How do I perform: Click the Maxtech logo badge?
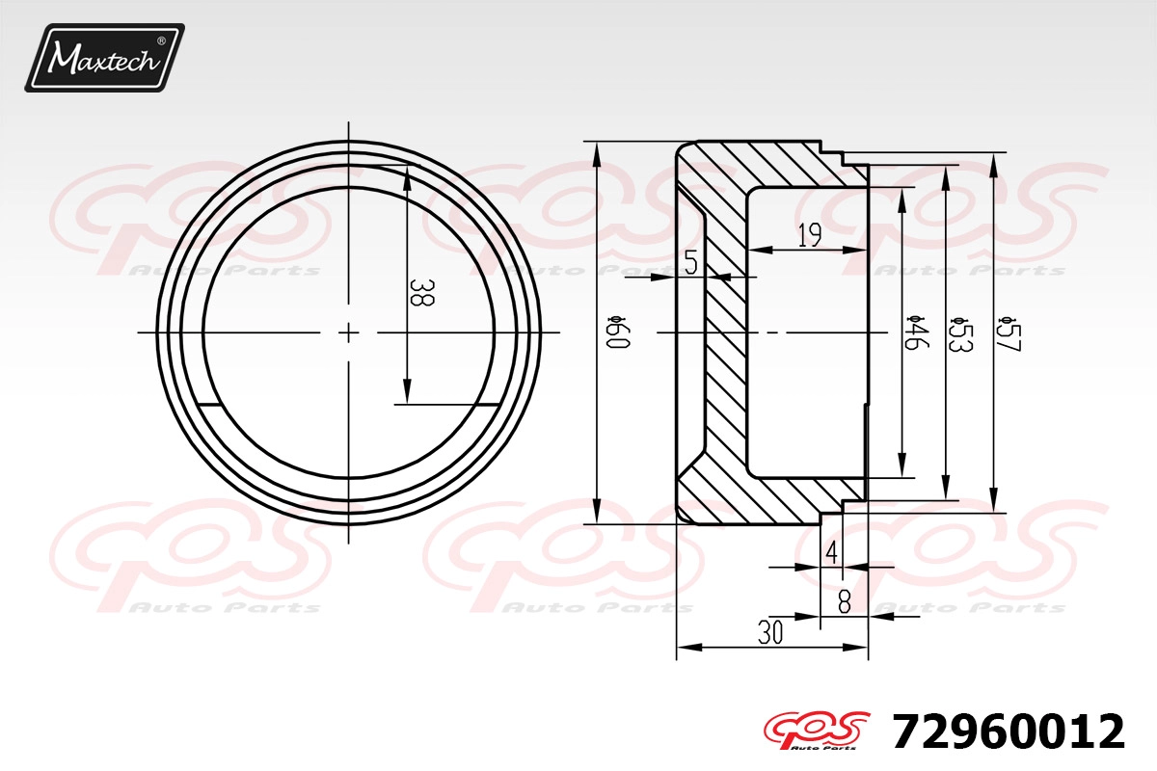point(104,58)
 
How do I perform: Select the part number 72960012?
point(1008,731)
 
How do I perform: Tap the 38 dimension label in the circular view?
point(422,293)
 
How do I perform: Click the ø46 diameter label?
point(915,332)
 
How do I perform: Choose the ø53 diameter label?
point(959,334)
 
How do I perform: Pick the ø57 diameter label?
point(1009,334)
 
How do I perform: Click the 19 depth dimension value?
point(810,235)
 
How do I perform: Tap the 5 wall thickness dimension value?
point(691,262)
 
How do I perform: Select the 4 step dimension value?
point(831,552)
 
